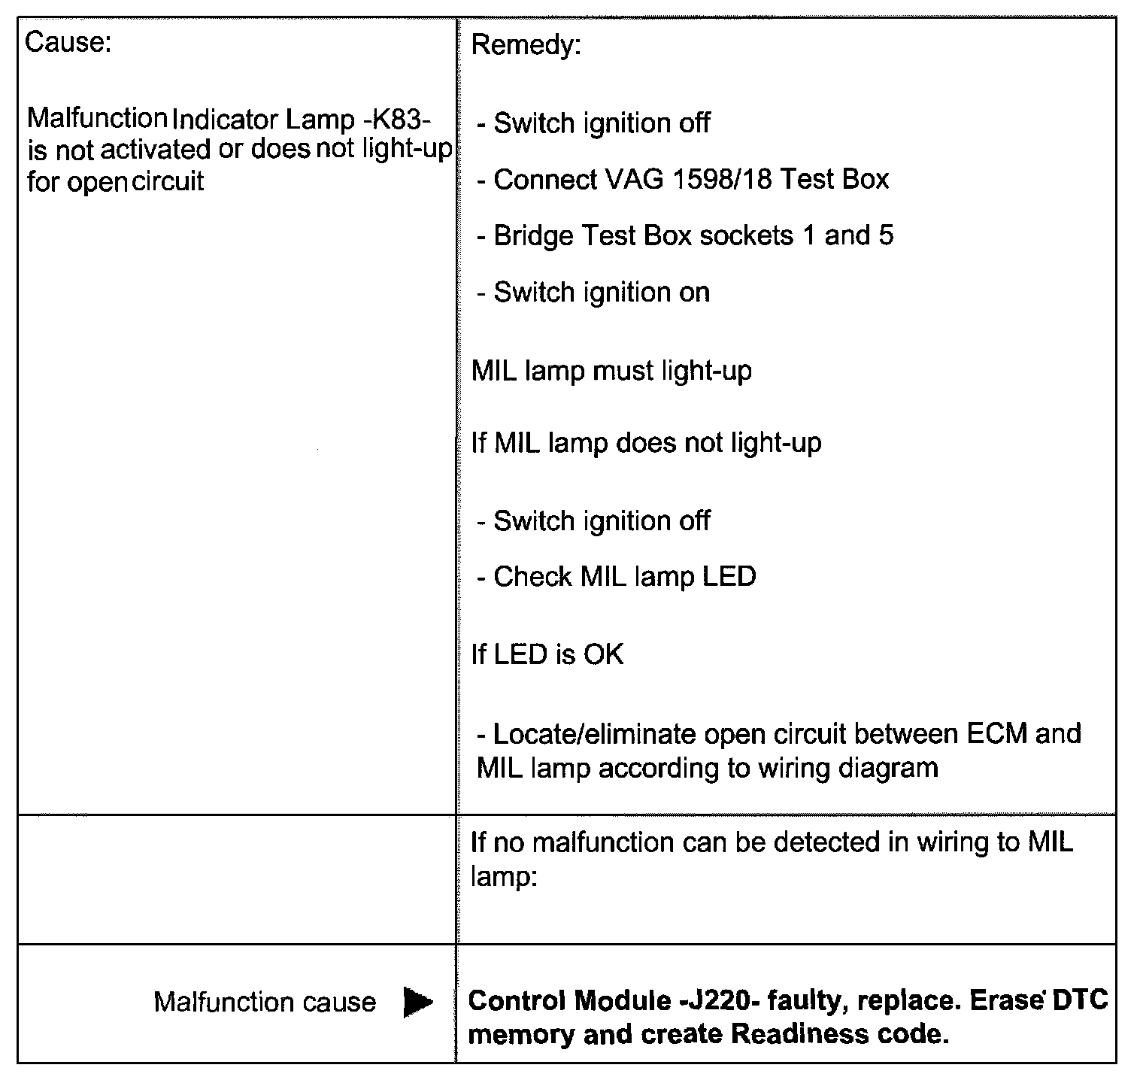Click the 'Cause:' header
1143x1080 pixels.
(68, 42)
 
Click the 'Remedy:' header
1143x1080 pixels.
(526, 46)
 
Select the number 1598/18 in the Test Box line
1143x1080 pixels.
(721, 179)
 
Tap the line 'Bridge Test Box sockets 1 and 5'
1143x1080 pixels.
(686, 235)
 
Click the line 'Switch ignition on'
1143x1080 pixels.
(594, 292)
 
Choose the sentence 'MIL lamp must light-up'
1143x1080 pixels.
(611, 371)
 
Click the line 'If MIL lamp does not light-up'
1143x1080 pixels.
(646, 442)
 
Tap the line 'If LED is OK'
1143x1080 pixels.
(547, 654)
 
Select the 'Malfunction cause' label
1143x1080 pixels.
(265, 1002)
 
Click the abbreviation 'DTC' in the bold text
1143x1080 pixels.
(1081, 1000)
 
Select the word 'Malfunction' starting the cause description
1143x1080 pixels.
(97, 119)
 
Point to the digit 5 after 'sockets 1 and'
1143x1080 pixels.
(886, 235)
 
